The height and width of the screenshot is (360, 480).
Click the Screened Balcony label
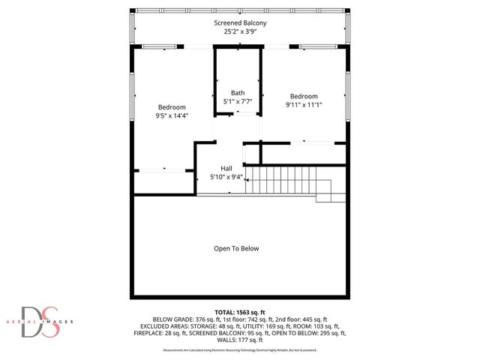[x=240, y=23]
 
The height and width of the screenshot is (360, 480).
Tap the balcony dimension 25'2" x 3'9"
[x=240, y=32]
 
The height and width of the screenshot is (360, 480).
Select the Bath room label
[x=238, y=92]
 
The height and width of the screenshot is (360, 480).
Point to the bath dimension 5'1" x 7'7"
[x=238, y=101]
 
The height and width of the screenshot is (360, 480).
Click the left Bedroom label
[x=171, y=107]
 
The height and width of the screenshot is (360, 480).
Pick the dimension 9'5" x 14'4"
[x=171, y=116]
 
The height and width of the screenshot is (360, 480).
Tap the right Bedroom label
[x=304, y=96]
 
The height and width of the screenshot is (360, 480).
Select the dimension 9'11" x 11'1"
[x=304, y=105]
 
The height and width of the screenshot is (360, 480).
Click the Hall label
[x=226, y=168]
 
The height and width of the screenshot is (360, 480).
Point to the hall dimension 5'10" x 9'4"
[x=226, y=177]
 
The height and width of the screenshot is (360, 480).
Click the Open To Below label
[x=236, y=248]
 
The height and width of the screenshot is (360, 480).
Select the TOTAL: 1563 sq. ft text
[x=240, y=311]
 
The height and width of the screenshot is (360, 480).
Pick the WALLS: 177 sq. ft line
[x=240, y=339]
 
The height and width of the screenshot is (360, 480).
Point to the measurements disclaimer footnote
[x=240, y=350]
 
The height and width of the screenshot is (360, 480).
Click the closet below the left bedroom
[x=163, y=182]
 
